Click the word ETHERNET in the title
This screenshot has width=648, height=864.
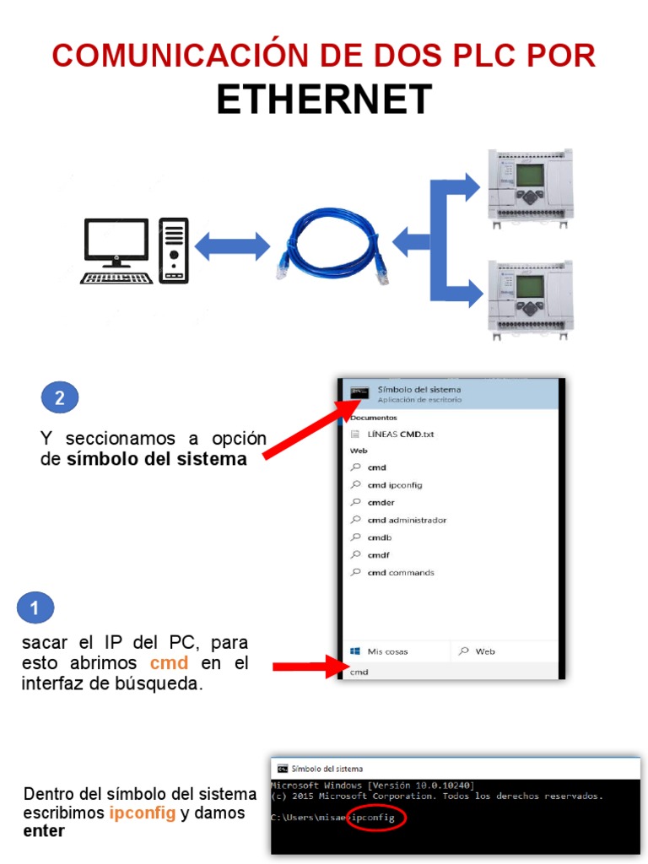[x=324, y=100]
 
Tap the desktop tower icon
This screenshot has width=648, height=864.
[x=174, y=250]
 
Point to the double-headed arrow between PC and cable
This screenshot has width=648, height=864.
[x=232, y=246]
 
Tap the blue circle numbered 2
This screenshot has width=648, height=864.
[x=60, y=398]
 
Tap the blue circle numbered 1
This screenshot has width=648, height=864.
[x=35, y=607]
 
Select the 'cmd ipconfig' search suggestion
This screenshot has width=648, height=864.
[x=394, y=485]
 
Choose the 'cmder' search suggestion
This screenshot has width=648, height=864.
[x=381, y=502]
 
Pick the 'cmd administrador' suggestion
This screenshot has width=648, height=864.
[x=407, y=520]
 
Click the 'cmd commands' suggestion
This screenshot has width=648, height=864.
[x=401, y=572]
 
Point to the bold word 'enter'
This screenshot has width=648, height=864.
[x=44, y=831]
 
